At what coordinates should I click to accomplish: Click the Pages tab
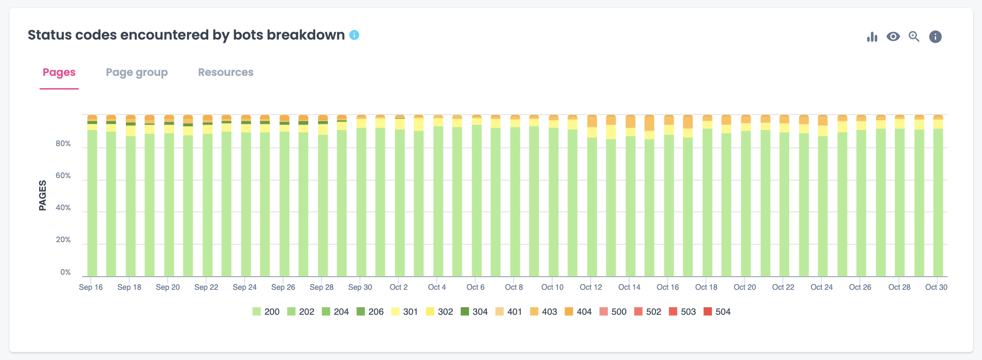click(59, 73)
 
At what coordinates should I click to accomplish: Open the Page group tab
click(137, 73)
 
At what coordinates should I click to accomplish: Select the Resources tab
click(226, 73)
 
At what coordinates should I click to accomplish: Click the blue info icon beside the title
click(354, 35)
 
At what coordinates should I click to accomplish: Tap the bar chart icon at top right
click(872, 37)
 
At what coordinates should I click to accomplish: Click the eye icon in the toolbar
click(893, 37)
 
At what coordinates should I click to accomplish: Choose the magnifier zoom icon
click(914, 37)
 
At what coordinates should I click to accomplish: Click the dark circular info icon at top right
click(935, 37)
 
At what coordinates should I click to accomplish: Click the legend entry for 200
click(266, 311)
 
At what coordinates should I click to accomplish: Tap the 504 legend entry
click(717, 311)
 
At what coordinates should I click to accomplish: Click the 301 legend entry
click(405, 311)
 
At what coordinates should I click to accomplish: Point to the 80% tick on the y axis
click(63, 144)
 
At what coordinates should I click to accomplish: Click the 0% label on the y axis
click(65, 272)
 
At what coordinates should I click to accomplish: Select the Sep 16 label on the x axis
click(91, 287)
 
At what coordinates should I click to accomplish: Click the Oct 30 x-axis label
click(936, 287)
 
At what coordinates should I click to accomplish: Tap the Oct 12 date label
click(591, 287)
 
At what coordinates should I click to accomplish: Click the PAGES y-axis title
click(43, 195)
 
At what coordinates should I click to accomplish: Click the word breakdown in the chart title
click(305, 35)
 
